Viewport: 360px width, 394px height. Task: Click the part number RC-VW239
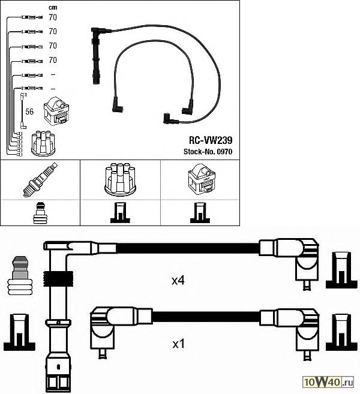point(211,140)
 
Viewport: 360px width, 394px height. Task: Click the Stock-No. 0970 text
point(208,152)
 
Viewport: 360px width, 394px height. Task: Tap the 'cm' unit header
point(53,8)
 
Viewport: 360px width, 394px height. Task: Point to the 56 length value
point(29,112)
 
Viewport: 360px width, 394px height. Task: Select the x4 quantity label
point(178,281)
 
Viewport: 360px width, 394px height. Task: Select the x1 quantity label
point(178,344)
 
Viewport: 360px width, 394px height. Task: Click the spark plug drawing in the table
point(40,180)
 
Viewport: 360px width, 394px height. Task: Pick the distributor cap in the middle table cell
point(120,179)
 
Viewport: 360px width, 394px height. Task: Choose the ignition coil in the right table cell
point(202,180)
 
